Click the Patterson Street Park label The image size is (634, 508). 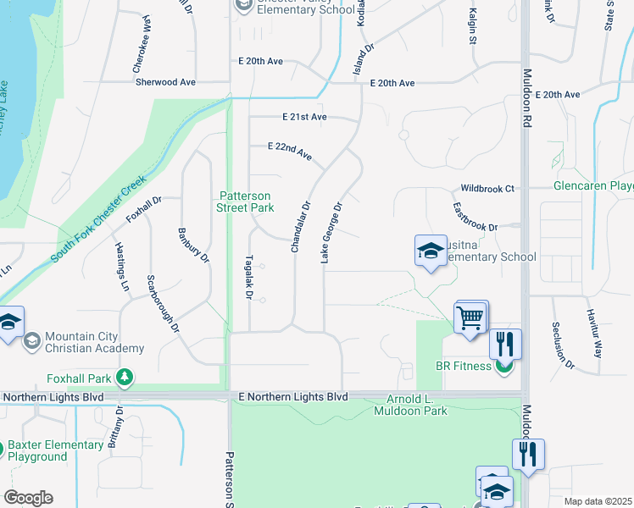pyautogui.click(x=246, y=202)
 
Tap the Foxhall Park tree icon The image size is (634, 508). pyautogui.click(x=125, y=376)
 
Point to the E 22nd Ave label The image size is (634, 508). pyautogui.click(x=290, y=152)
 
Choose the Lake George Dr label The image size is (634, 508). pyautogui.click(x=331, y=232)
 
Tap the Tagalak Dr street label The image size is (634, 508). pyautogui.click(x=249, y=278)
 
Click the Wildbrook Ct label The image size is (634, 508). pyautogui.click(x=487, y=188)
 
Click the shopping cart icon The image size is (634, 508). pyautogui.click(x=471, y=317)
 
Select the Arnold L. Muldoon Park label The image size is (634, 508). pyautogui.click(x=411, y=406)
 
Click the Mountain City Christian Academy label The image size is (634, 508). pyautogui.click(x=94, y=342)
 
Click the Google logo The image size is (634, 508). pyautogui.click(x=28, y=498)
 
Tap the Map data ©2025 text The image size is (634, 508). pyautogui.click(x=597, y=501)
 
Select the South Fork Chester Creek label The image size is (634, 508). pyautogui.click(x=97, y=220)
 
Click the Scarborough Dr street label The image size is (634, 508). pyautogui.click(x=163, y=302)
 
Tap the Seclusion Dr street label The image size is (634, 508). pyautogui.click(x=563, y=345)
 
